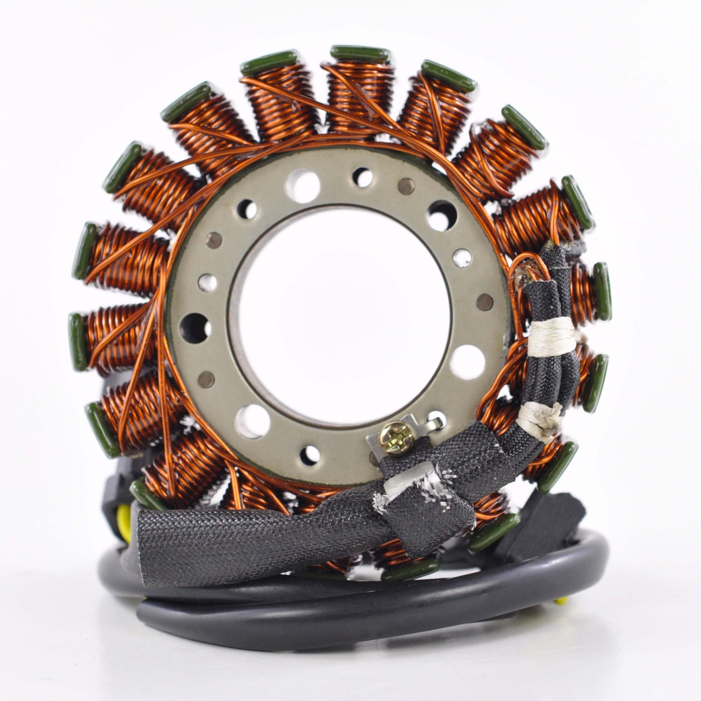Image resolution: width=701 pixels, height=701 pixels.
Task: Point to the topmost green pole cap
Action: pos(359,52)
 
